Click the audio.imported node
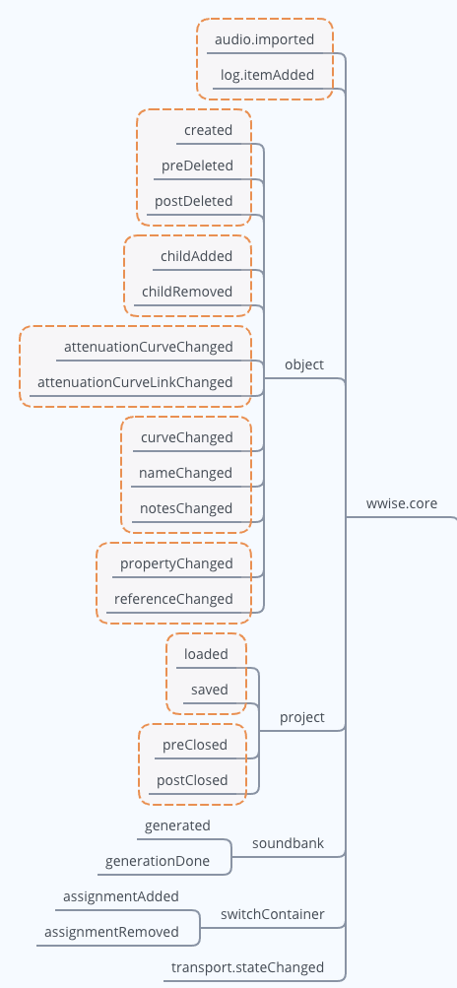tap(264, 40)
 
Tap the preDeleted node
tap(197, 165)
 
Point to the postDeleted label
tap(194, 201)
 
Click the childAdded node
tap(196, 256)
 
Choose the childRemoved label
tap(187, 292)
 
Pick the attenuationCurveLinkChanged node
tap(135, 382)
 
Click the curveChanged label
tap(187, 437)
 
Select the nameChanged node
tap(186, 473)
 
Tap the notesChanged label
tap(186, 508)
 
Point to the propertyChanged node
tap(176, 563)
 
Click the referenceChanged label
tap(173, 599)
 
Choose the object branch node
tap(303, 364)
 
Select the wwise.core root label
tap(402, 503)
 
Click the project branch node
tap(301, 717)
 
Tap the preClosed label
tap(195, 745)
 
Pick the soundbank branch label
tap(288, 844)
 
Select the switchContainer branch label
tap(286, 914)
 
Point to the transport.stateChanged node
tap(247, 967)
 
